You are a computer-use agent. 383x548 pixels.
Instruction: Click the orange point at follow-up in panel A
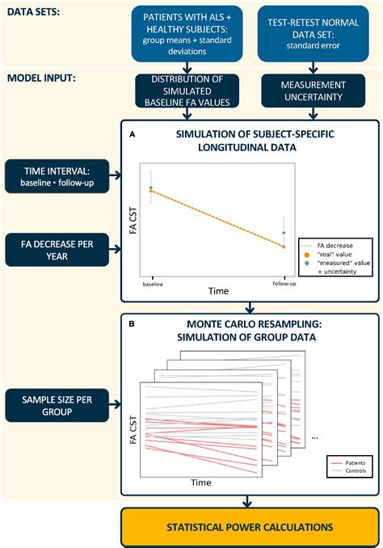pyautogui.click(x=284, y=247)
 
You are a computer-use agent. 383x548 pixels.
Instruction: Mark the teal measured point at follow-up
pyautogui.click(x=284, y=233)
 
